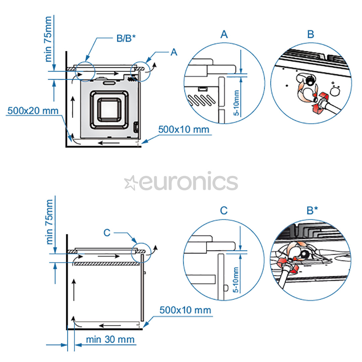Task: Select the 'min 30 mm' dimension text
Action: tap(110, 339)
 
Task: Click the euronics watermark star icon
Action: tap(130, 183)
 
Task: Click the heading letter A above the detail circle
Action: tap(224, 34)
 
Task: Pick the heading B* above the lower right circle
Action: tap(312, 210)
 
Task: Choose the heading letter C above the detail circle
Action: tap(224, 210)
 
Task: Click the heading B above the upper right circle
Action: tap(311, 34)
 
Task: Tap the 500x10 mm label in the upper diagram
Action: tap(184, 129)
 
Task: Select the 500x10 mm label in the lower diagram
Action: tap(185, 310)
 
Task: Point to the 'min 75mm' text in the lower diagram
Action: tap(49, 222)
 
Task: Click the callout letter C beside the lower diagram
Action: tap(107, 233)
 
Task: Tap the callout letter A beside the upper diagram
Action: tap(174, 52)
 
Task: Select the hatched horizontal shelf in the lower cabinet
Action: tap(107, 264)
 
